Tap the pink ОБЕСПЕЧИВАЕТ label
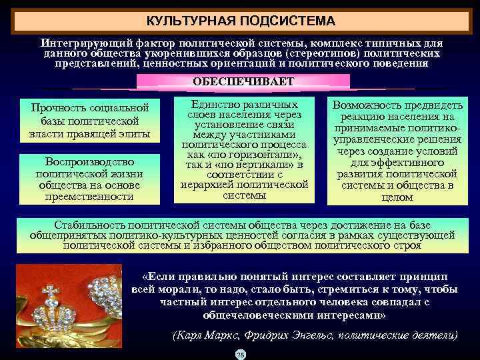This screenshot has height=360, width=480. pyautogui.click(x=243, y=81)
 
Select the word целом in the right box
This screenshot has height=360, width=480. pyautogui.click(x=397, y=197)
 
